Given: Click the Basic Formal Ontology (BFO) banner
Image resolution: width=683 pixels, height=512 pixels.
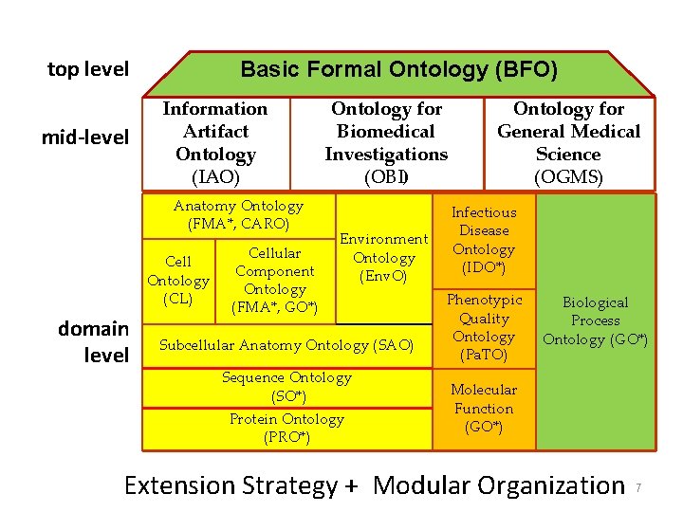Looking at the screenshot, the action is (398, 70).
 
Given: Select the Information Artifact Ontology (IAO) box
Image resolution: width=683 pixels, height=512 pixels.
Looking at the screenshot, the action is (215, 142).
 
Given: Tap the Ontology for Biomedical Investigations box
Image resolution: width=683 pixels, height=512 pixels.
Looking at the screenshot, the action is (386, 142).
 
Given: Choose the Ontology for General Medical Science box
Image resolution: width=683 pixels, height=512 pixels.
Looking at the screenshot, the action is (568, 142).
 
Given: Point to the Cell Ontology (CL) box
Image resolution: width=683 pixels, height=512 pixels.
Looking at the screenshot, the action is (177, 280).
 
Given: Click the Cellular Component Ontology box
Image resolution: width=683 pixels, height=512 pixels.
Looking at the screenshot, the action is (274, 280).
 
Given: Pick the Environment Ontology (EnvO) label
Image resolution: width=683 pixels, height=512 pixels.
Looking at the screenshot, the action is (384, 258).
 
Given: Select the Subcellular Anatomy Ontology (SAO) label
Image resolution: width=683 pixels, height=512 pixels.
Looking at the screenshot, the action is (286, 345).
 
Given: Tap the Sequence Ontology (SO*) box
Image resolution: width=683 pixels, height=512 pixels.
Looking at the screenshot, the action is (286, 387).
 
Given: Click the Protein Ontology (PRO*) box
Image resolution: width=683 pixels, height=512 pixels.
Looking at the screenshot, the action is (286, 428).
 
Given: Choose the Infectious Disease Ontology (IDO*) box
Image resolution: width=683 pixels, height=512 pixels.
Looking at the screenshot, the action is (484, 240).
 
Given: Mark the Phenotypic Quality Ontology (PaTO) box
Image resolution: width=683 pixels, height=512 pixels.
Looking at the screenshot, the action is (484, 328).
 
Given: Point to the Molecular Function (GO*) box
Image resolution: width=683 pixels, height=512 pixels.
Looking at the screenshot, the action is (484, 409).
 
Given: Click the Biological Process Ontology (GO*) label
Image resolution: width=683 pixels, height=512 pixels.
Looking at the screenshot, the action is (595, 320).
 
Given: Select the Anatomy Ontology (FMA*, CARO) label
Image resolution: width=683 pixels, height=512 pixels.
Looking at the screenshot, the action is (238, 215).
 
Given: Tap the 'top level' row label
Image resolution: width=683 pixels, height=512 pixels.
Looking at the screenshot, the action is (88, 69).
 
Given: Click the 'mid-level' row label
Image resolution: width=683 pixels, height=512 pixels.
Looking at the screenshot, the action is (84, 137).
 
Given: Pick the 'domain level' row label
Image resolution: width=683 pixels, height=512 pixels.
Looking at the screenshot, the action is (93, 341).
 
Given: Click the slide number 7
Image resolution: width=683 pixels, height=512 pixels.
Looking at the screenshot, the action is (638, 487).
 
